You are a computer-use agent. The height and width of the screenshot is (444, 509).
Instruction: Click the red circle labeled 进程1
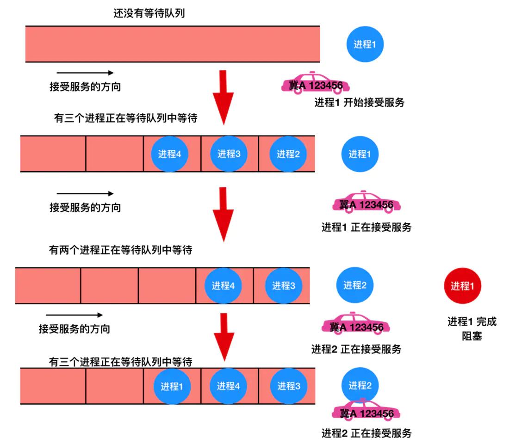462,286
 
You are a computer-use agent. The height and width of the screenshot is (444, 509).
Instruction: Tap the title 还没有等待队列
149,13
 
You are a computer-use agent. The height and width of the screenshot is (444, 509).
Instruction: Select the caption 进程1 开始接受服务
359,103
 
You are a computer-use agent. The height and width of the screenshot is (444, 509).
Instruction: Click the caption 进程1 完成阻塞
472,329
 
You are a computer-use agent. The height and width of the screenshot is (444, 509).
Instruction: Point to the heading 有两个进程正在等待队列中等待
121,251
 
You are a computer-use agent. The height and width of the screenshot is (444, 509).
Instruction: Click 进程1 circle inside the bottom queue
172,386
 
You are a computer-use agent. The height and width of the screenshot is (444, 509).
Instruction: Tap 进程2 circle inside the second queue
288,154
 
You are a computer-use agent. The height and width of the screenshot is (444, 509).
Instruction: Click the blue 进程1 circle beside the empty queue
365,44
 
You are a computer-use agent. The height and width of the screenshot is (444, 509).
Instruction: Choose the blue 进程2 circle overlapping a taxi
360,385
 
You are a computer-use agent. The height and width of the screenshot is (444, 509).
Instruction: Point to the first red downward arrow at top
223,96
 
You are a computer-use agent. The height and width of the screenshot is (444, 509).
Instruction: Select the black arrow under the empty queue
85,73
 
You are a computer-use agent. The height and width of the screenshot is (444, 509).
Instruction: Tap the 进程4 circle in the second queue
169,154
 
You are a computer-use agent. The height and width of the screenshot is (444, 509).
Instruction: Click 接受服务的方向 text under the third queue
74,329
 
